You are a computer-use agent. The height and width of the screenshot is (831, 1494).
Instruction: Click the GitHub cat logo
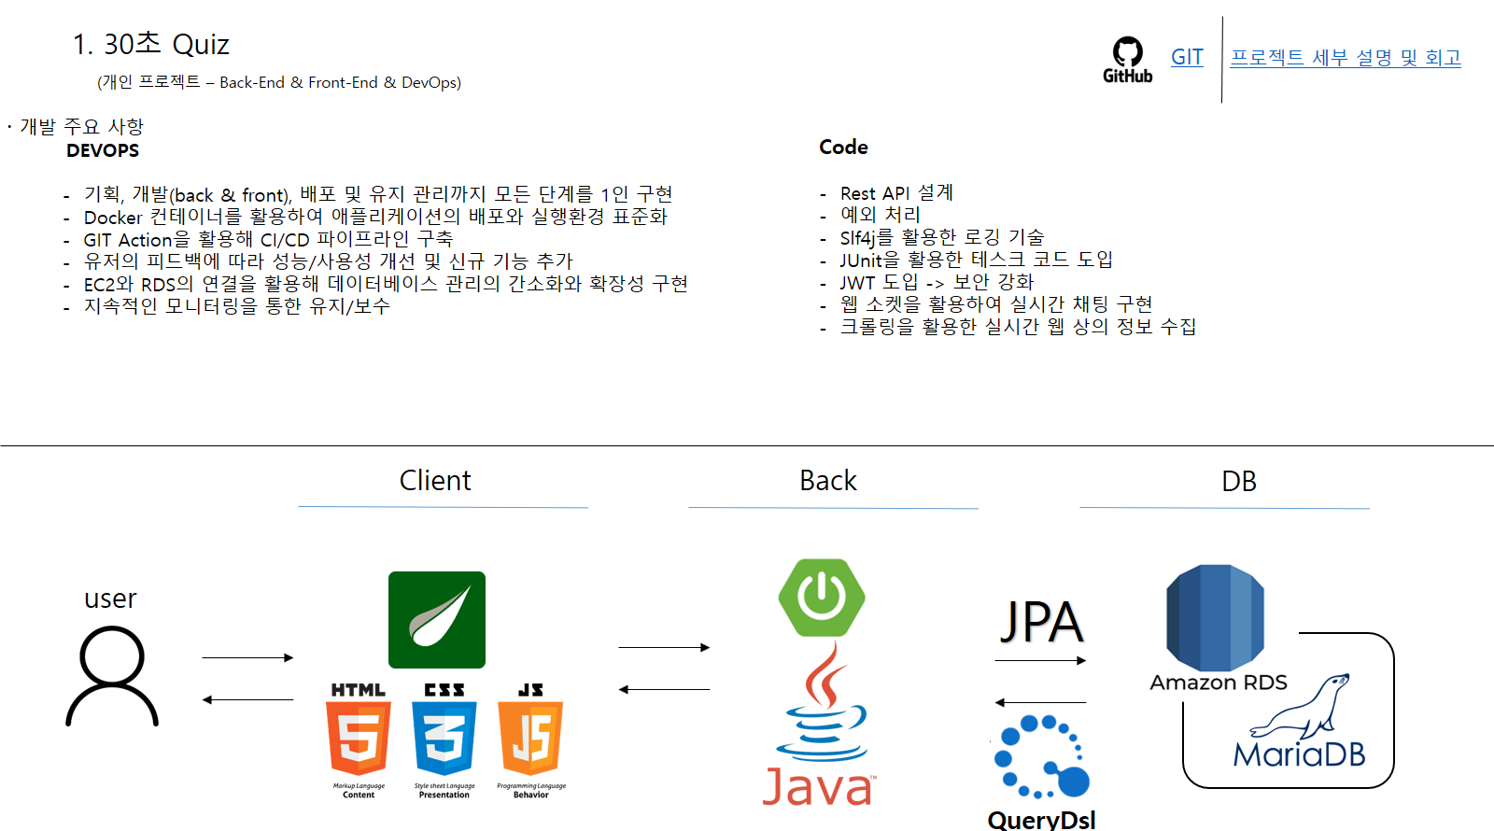tap(1127, 53)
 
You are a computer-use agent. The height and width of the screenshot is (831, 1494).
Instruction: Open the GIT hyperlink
tap(1187, 57)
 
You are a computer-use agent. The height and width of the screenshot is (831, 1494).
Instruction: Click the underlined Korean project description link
tap(1346, 58)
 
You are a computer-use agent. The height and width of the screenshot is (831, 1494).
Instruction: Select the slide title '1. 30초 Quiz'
tap(151, 44)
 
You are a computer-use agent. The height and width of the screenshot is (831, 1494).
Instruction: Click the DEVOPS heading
tap(103, 150)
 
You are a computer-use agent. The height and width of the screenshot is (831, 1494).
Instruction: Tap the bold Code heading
tap(843, 147)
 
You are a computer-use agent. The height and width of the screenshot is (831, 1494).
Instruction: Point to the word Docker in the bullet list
tap(113, 218)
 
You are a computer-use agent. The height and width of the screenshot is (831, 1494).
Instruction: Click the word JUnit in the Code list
tap(860, 261)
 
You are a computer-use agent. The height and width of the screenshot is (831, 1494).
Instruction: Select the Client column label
tap(435, 480)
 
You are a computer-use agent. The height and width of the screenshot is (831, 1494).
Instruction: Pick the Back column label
tap(827, 480)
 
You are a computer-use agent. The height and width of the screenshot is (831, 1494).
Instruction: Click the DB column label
tap(1238, 481)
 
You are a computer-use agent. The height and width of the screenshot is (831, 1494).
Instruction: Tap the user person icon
tap(112, 675)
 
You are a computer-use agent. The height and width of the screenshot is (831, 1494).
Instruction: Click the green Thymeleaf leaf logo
tap(437, 620)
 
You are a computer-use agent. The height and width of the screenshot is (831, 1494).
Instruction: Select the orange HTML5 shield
tap(359, 738)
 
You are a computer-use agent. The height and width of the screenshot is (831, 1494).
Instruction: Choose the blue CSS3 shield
tap(444, 738)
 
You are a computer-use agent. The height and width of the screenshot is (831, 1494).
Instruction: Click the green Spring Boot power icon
tap(822, 598)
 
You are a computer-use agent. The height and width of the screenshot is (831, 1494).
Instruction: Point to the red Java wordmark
tap(818, 786)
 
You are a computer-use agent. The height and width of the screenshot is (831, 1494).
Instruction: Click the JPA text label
tap(1041, 622)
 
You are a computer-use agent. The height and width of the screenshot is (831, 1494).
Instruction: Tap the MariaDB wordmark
tap(1299, 754)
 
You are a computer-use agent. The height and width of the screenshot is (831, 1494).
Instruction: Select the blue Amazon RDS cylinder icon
tap(1215, 617)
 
